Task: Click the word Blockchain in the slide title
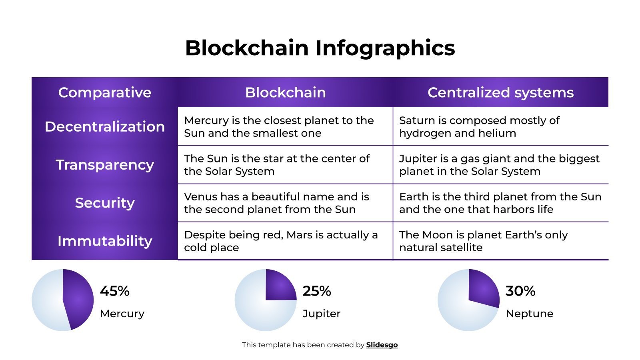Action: pyautogui.click(x=247, y=48)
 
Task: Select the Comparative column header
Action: pyautogui.click(x=105, y=92)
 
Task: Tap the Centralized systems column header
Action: pyautogui.click(x=500, y=92)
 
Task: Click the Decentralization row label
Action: pyautogui.click(x=105, y=126)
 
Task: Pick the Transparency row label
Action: pyautogui.click(x=105, y=164)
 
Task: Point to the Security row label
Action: pyautogui.click(x=105, y=203)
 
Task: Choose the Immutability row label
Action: pyautogui.click(x=105, y=241)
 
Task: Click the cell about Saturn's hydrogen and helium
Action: pyautogui.click(x=479, y=126)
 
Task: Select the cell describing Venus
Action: pyautogui.click(x=276, y=203)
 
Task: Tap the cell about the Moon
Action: pyautogui.click(x=483, y=241)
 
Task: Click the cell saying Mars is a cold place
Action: pyautogui.click(x=281, y=241)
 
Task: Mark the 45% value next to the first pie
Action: pyautogui.click(x=115, y=291)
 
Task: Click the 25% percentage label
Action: pyautogui.click(x=317, y=291)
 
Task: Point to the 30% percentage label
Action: pyautogui.click(x=520, y=291)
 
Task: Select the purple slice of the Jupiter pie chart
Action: pyautogui.click(x=280, y=286)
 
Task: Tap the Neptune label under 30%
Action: pyautogui.click(x=529, y=314)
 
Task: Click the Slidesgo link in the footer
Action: pyautogui.click(x=382, y=345)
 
